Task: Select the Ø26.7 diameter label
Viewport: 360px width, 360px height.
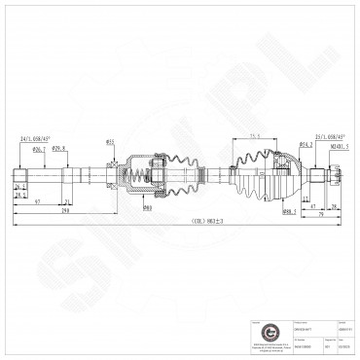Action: click(40, 151)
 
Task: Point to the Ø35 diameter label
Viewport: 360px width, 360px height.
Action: click(111, 142)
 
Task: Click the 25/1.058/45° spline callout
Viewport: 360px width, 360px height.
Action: click(328, 137)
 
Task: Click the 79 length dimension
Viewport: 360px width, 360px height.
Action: click(321, 216)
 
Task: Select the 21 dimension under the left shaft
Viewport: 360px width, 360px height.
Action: click(19, 196)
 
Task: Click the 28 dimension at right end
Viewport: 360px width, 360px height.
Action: click(334, 206)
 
